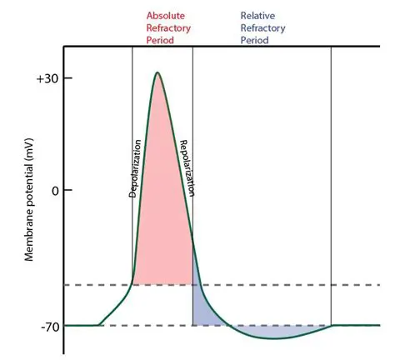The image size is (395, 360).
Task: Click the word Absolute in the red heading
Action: [165, 15]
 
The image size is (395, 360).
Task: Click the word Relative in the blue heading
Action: [257, 15]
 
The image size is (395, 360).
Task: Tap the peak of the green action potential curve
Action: [157, 72]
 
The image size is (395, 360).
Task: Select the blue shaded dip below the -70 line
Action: [275, 332]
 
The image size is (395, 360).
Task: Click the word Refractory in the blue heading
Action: [262, 27]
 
